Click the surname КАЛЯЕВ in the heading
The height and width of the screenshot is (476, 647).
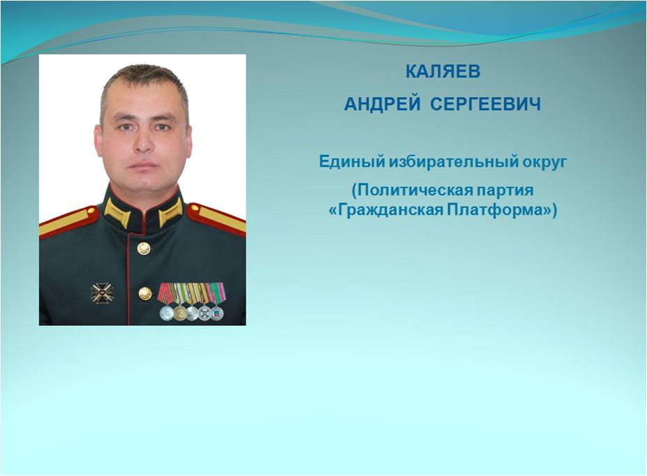pyautogui.click(x=443, y=71)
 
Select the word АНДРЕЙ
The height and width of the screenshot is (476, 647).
pyautogui.click(x=382, y=104)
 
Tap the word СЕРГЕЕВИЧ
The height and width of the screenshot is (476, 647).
pyautogui.click(x=485, y=104)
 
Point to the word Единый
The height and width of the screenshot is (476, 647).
pyautogui.click(x=352, y=161)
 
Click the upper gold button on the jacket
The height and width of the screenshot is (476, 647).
pyautogui.click(x=143, y=248)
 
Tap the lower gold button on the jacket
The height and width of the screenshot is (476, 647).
pyautogui.click(x=145, y=294)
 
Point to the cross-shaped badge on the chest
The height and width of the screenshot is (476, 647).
pyautogui.click(x=102, y=293)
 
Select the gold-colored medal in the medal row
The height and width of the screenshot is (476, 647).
pyautogui.click(x=180, y=313)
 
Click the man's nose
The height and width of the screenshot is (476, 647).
pyautogui.click(x=144, y=141)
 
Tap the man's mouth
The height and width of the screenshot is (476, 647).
pyautogui.click(x=143, y=165)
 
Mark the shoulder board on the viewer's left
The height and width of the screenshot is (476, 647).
pyautogui.click(x=68, y=223)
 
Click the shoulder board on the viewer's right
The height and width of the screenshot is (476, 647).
pyautogui.click(x=216, y=219)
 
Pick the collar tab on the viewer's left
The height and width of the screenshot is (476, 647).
pyautogui.click(x=117, y=212)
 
